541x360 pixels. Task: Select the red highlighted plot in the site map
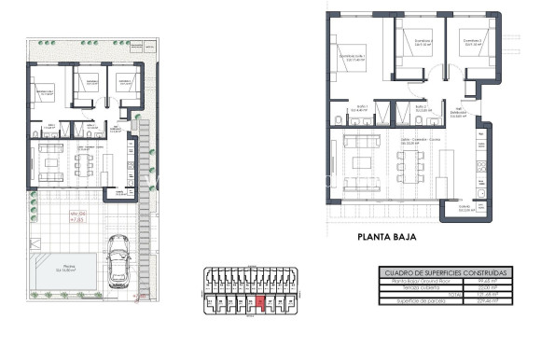coord(260,303)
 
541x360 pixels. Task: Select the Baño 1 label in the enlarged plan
coord(361,108)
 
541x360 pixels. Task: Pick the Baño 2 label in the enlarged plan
coord(421,108)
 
